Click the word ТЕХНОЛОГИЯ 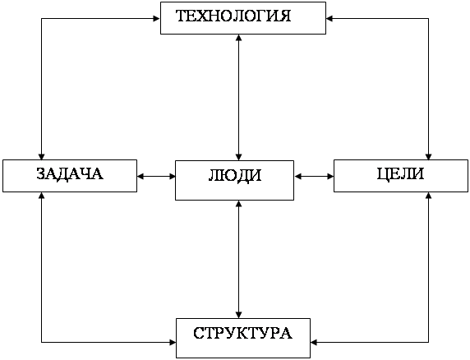click(233, 16)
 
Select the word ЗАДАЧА click(70, 174)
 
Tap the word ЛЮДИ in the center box click(235, 175)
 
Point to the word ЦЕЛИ click(400, 174)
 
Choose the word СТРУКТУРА click(242, 333)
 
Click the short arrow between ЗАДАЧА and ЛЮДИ click(156, 176)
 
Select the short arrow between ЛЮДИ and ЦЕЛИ click(314, 176)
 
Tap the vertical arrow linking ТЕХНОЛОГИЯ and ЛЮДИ click(238, 98)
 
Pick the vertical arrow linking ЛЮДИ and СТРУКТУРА click(238, 259)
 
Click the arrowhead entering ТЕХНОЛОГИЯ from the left click(157, 19)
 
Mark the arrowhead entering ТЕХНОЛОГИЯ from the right click(329, 19)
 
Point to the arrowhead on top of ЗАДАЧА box click(41, 156)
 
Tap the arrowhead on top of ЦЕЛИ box click(428, 156)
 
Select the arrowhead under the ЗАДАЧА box click(41, 196)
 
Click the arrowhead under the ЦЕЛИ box click(428, 196)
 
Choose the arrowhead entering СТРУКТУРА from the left click(173, 342)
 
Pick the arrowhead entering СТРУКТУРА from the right click(314, 342)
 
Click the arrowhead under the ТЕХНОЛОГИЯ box click(238, 38)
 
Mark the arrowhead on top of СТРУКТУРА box click(238, 315)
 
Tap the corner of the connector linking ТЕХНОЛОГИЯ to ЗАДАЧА click(41, 19)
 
